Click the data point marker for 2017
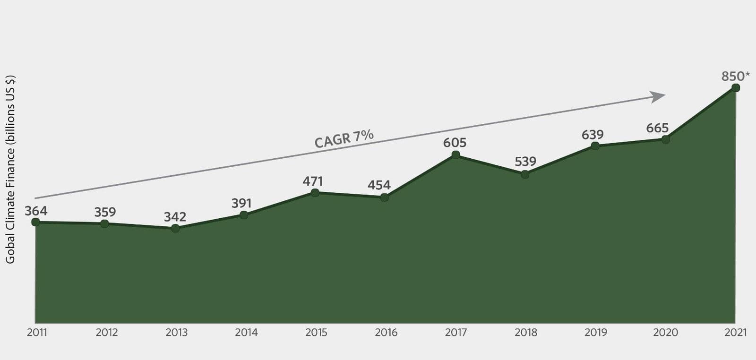coord(455,154)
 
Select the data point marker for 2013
coord(175,228)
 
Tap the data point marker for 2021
coord(735,88)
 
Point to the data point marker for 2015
coord(315,192)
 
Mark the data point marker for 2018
coord(525,174)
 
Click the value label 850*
coord(735,76)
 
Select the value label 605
coord(455,142)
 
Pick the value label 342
coord(175,217)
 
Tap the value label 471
coord(313,181)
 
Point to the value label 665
coord(657,128)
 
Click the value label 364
coord(36,211)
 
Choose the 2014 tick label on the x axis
coord(246,333)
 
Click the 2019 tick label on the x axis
coord(595,333)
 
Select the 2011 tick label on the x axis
coord(37,333)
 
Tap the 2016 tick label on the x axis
coord(386,333)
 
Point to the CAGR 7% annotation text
coord(344,139)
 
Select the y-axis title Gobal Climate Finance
coord(10,169)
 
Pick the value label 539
coord(525,162)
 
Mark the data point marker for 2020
coord(665,139)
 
